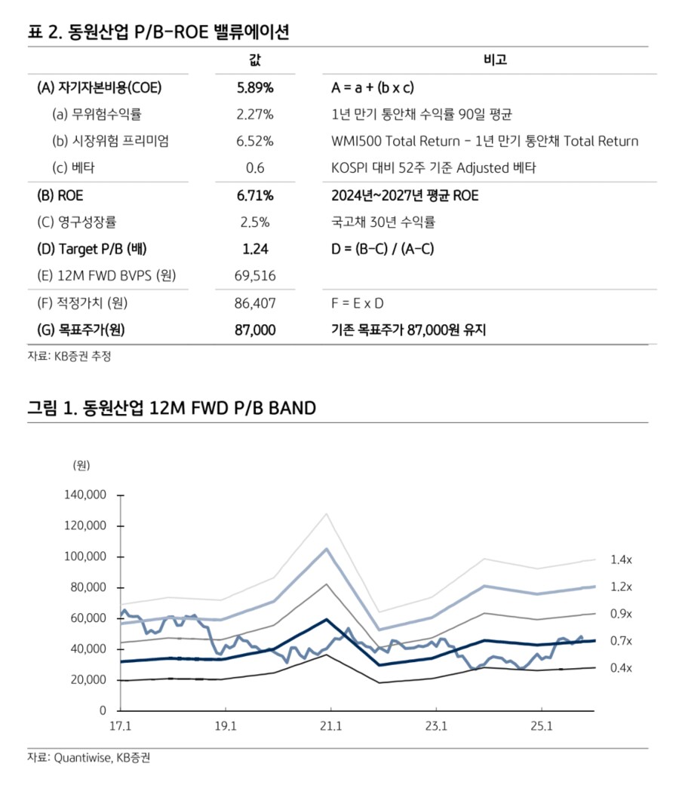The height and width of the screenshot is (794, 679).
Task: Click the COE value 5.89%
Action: [254, 87]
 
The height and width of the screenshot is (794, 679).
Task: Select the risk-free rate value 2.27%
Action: [254, 115]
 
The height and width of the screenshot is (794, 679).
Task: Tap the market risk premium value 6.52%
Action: [254, 141]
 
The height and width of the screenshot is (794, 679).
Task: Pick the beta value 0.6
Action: [255, 168]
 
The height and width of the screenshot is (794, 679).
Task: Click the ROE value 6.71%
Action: [254, 196]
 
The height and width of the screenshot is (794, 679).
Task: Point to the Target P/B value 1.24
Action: [255, 249]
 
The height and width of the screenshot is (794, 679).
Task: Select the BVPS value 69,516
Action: [255, 276]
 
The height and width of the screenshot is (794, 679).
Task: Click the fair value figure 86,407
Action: [255, 303]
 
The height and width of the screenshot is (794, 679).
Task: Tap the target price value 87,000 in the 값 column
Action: [255, 330]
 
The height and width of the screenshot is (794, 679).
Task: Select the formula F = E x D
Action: [358, 303]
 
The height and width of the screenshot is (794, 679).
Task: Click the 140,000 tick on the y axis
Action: [84, 495]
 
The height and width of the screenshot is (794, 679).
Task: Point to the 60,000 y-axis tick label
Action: [88, 618]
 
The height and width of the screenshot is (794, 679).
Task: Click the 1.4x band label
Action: [621, 559]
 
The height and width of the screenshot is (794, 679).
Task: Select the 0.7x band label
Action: [621, 641]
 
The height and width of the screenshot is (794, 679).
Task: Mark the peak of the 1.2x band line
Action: [327, 548]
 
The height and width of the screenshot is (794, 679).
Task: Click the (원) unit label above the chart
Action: [81, 464]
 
